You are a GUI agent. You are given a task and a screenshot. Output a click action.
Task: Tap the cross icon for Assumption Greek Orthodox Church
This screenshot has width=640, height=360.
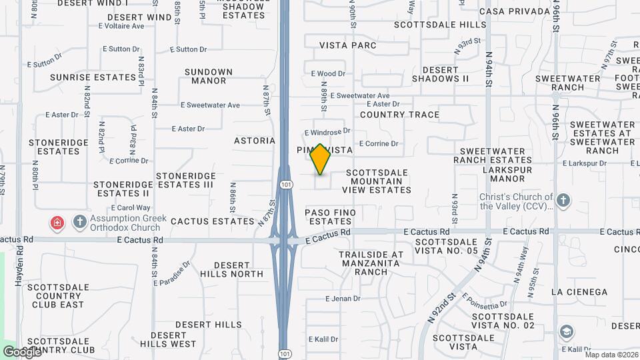pos(79,221)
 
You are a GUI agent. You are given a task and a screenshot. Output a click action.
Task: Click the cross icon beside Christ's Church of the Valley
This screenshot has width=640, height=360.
pos(563,201)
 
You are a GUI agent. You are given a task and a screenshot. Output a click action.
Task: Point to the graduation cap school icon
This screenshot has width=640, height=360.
pos(566,332)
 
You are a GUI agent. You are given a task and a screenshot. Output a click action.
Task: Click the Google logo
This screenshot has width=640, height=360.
pos(21,351)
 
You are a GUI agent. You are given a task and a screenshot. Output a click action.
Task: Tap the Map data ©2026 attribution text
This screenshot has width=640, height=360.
pos(611,355)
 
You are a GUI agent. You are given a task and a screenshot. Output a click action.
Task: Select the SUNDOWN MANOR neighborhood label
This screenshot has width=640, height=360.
pos(209,76)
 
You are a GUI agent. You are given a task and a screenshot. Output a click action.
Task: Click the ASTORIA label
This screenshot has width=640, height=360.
pos(255,141)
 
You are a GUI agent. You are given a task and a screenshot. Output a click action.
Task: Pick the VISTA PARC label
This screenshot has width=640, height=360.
pos(348,45)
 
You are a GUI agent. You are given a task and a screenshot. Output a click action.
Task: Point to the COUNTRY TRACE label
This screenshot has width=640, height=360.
pos(399,115)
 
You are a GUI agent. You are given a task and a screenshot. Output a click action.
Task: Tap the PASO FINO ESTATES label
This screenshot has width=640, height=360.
pos(330,217)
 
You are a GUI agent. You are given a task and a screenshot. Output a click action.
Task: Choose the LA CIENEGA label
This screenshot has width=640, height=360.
pos(579,292)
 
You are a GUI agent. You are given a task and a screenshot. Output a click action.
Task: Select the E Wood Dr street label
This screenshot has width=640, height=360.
pos(328,74)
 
